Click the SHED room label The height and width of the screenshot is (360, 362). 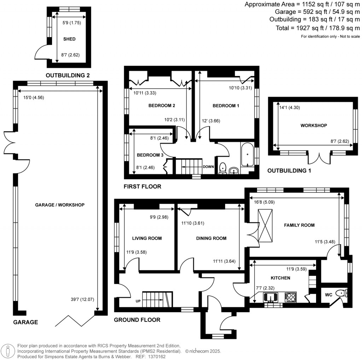point(69,39)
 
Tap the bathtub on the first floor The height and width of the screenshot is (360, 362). point(247,155)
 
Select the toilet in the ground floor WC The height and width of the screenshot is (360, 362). point(341,293)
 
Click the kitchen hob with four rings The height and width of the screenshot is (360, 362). point(291,297)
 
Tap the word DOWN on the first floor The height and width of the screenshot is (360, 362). point(208,167)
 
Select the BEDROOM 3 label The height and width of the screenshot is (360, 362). point(150,155)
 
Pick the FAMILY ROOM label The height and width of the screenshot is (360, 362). point(300,225)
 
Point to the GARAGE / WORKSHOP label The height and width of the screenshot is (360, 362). point(60,205)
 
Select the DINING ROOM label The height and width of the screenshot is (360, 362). point(211,238)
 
